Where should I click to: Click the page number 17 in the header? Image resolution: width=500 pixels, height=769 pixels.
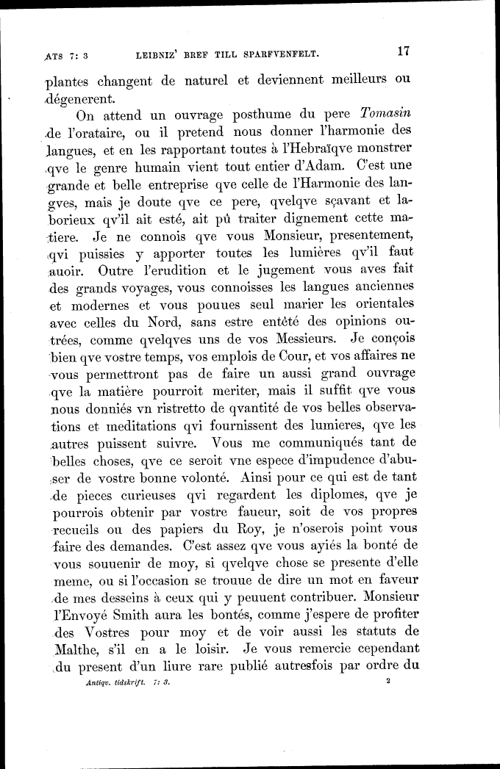[402, 52]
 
